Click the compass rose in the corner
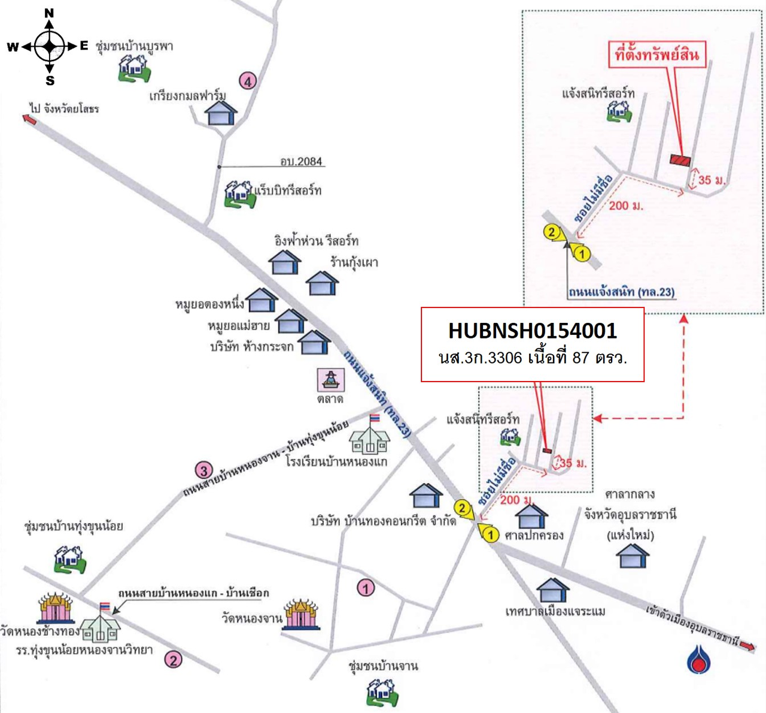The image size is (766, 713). pyautogui.click(x=50, y=46)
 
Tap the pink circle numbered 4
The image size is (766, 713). pyautogui.click(x=248, y=81)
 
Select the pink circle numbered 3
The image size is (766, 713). pyautogui.click(x=204, y=470)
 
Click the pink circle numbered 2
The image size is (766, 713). pyautogui.click(x=173, y=660)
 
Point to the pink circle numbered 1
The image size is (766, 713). pyautogui.click(x=366, y=588)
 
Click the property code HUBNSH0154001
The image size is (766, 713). pyautogui.click(x=532, y=331)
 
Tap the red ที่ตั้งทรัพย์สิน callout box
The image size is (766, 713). pyautogui.click(x=656, y=55)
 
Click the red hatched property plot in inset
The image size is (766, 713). pyautogui.click(x=680, y=160)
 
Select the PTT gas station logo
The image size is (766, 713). pyautogui.click(x=698, y=658)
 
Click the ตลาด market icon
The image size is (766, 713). pyautogui.click(x=330, y=379)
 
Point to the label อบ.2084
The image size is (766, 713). pyautogui.click(x=301, y=161)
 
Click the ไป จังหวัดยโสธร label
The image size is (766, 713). pyautogui.click(x=64, y=108)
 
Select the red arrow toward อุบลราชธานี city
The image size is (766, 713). pyautogui.click(x=747, y=645)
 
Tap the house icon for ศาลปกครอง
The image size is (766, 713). pyautogui.click(x=531, y=516)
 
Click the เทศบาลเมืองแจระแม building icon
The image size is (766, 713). pyautogui.click(x=553, y=590)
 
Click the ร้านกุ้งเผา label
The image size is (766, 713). pyautogui.click(x=354, y=262)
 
